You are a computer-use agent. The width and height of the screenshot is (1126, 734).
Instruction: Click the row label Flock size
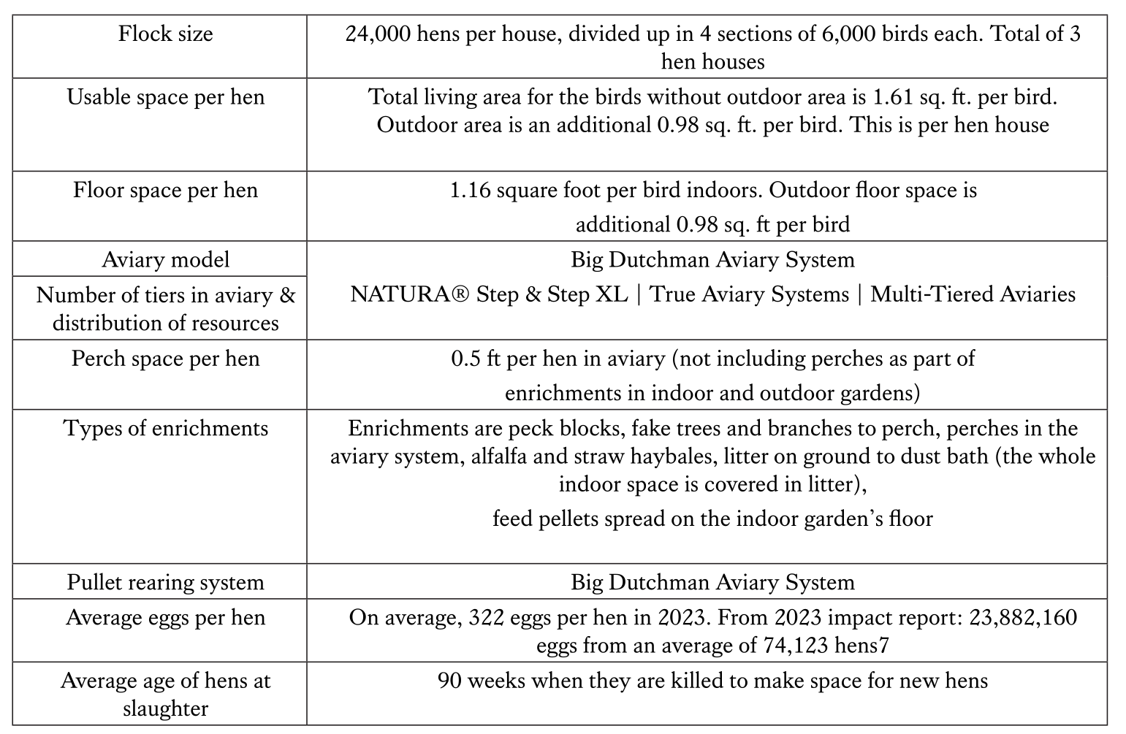click(x=166, y=34)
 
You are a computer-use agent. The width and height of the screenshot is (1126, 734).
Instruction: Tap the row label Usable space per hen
click(x=166, y=97)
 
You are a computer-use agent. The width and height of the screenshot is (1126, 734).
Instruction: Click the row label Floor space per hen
click(x=166, y=191)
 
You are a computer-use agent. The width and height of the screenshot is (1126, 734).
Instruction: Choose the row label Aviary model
click(x=166, y=260)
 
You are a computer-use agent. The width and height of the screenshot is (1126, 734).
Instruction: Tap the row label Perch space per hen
click(x=166, y=359)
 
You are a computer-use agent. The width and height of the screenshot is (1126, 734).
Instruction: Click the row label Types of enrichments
click(x=166, y=429)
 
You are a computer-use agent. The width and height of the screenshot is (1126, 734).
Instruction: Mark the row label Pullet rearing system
click(x=166, y=583)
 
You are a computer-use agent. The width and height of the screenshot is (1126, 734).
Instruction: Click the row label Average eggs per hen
click(x=166, y=618)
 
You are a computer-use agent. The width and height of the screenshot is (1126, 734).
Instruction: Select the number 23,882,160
click(x=1022, y=618)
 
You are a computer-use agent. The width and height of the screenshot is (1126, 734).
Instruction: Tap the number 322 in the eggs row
click(x=483, y=618)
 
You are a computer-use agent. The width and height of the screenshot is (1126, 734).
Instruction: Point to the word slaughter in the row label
click(x=166, y=708)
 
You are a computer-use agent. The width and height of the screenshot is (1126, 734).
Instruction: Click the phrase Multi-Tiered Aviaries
click(x=973, y=294)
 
